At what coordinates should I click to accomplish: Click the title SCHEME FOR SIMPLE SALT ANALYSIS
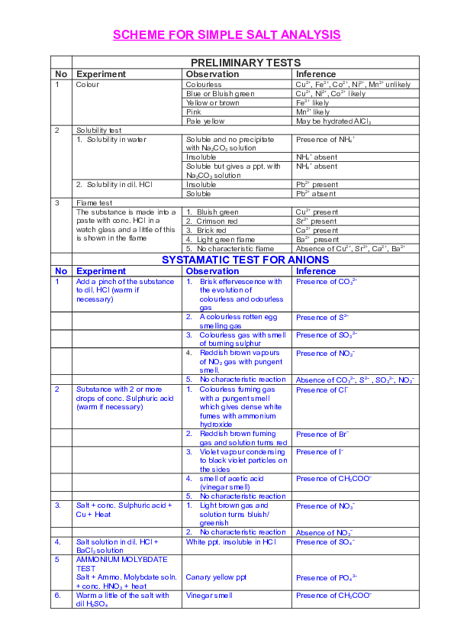227,36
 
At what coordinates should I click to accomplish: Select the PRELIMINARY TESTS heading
245,62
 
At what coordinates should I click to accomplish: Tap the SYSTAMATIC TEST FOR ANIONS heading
245,260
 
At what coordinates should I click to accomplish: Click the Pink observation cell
194,111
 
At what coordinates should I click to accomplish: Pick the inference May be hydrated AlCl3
333,121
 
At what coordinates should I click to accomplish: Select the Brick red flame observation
206,230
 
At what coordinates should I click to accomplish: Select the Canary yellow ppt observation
216,577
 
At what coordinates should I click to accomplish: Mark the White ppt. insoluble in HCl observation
229,541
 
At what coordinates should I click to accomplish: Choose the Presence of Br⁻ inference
323,434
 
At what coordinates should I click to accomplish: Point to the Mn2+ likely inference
313,111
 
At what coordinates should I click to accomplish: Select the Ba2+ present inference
317,239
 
